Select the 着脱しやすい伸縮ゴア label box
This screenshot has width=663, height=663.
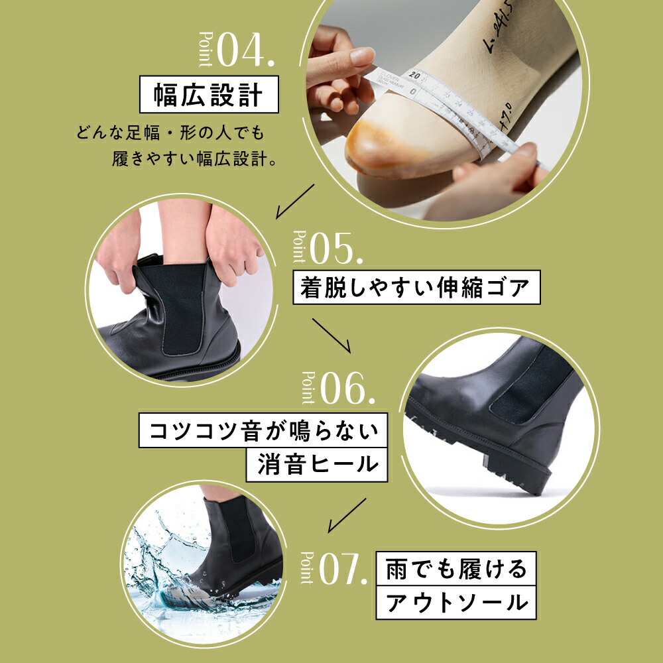[x=416, y=288]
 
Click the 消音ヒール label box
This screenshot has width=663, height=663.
[x=316, y=463]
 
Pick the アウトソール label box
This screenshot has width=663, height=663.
[x=455, y=602]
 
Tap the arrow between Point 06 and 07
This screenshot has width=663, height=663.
[x=347, y=514]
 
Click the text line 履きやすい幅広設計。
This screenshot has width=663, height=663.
[x=195, y=160]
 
